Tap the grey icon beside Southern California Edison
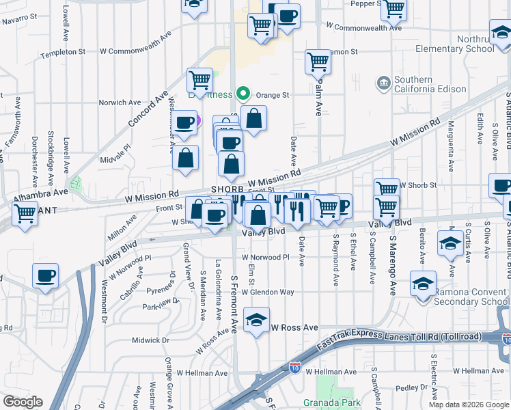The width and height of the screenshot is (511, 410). [384, 83]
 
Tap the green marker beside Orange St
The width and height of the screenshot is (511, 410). [240, 95]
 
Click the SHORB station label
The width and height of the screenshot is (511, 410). [227, 189]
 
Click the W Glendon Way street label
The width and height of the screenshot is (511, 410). [268, 292]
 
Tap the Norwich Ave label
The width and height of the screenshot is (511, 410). [120, 102]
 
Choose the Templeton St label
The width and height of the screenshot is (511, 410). [63, 52]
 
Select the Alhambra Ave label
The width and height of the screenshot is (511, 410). [41, 193]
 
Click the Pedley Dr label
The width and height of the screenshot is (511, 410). [411, 388]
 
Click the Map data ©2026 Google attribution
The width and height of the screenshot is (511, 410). [469, 405]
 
